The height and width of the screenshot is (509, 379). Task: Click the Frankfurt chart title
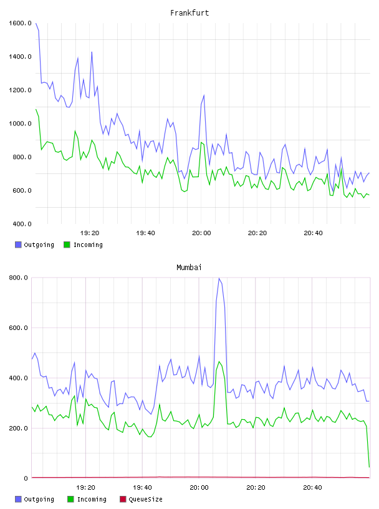[189, 13]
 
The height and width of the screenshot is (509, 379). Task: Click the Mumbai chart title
[189, 268]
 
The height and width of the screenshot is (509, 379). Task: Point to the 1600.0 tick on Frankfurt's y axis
[20, 23]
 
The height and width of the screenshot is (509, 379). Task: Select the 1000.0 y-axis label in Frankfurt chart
[20, 124]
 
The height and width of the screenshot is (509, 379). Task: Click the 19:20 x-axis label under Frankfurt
[90, 233]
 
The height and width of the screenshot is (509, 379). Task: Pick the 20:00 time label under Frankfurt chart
[201, 233]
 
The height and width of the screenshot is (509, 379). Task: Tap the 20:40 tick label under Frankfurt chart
[313, 233]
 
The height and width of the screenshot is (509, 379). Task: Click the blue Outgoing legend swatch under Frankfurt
[18, 245]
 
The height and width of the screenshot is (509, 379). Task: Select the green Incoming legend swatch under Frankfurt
[67, 245]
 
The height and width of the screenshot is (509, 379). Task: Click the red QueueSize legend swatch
[123, 499]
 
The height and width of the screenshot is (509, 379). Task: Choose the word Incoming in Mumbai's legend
[92, 499]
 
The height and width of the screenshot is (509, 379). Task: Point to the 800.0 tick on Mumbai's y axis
[19, 278]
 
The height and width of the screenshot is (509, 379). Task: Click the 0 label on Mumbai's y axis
[26, 478]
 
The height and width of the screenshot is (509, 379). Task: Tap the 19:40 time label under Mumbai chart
[143, 487]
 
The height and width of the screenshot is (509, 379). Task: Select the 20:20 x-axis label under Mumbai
[256, 487]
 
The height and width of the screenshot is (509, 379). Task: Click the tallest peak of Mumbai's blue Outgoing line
[219, 278]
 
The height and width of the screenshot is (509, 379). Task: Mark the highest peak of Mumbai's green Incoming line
[219, 362]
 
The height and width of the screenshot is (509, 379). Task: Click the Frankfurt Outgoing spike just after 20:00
[204, 95]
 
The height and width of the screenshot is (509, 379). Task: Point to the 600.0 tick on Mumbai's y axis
[19, 328]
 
